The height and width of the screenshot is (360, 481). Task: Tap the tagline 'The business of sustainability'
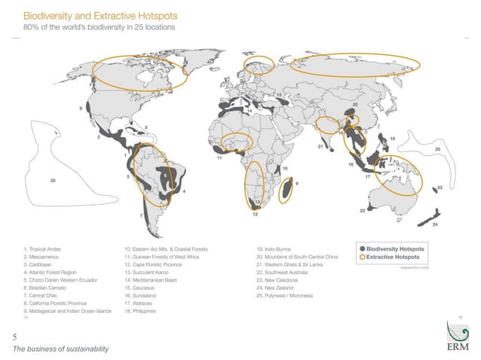pyautogui.click(x=60, y=348)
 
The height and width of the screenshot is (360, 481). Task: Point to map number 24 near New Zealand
pyautogui.click(x=435, y=224)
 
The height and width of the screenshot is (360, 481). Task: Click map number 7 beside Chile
pyautogui.click(x=141, y=215)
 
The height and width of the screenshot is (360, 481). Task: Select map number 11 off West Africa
pyautogui.click(x=219, y=158)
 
